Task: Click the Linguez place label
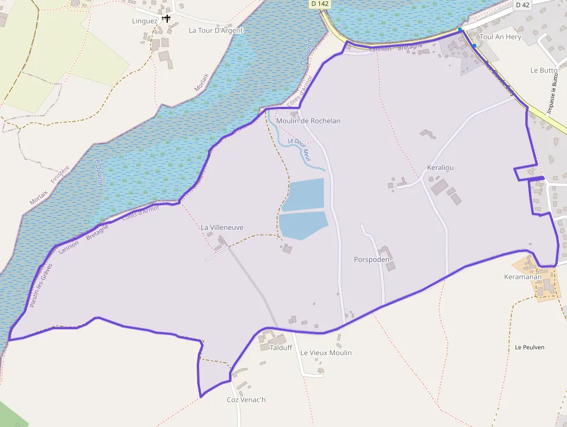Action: (145, 21)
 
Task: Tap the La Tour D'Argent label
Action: (216, 31)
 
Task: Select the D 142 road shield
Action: (319, 3)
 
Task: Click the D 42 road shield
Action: (522, 5)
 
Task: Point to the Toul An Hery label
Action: (500, 37)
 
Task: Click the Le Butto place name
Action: (544, 70)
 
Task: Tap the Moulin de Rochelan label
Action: (308, 121)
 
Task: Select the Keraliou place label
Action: (440, 167)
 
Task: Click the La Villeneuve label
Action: (222, 228)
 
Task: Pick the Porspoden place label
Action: (371, 260)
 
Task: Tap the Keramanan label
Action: (522, 277)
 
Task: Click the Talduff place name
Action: (281, 348)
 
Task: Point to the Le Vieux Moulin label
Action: (326, 353)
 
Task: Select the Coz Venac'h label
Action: (246, 400)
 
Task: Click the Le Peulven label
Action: (529, 347)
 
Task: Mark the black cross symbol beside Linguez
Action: (166, 19)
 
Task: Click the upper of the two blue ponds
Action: (303, 195)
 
